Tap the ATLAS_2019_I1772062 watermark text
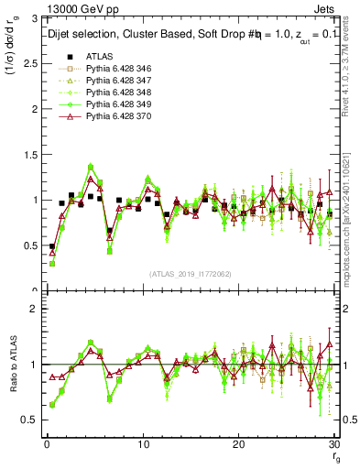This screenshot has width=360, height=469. point(189,273)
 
